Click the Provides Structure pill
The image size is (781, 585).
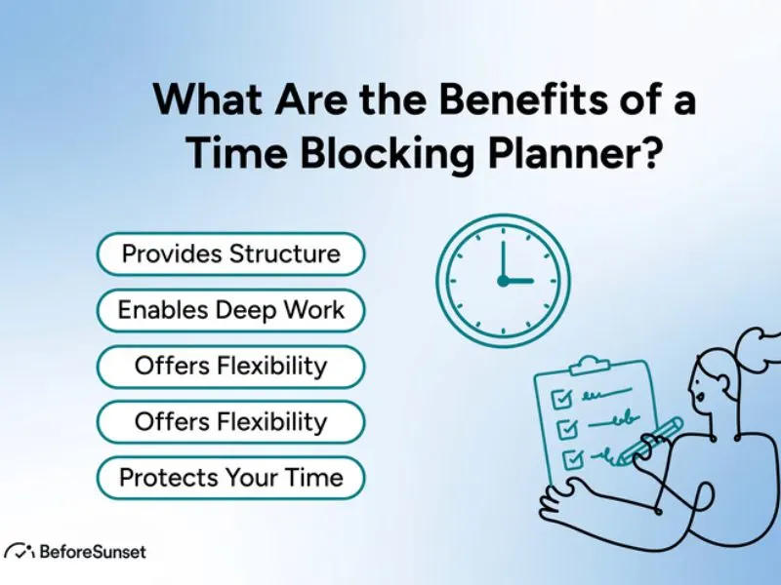tap(230, 254)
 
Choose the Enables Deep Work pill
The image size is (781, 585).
tap(230, 310)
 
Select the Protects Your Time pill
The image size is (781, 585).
tap(230, 478)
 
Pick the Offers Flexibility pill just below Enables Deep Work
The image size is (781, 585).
tap(230, 366)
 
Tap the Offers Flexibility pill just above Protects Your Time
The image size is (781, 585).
tap(230, 422)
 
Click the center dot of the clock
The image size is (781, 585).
tap(503, 281)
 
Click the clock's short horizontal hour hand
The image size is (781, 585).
tap(518, 281)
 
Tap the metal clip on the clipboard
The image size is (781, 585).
tap(586, 366)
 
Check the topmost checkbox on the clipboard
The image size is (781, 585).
tap(561, 397)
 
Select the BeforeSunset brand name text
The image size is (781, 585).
tap(92, 552)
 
